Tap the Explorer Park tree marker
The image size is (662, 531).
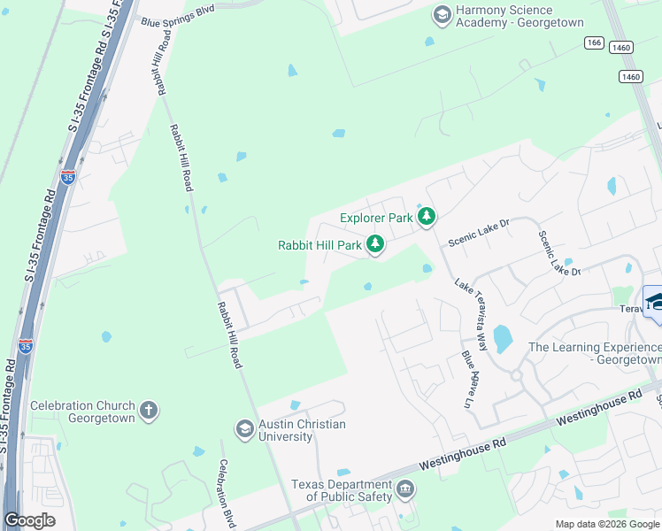point(427,217)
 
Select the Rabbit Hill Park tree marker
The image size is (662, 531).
point(375,244)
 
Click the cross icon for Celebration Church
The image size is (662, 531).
point(149,411)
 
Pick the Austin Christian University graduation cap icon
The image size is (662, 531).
point(244,430)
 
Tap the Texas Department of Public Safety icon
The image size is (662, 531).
point(405,489)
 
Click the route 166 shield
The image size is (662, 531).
point(594,42)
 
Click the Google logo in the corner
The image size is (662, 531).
point(29,520)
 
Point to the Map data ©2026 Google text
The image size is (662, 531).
point(606,524)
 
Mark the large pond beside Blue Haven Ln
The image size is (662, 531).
point(502,339)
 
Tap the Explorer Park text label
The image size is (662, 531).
point(377,218)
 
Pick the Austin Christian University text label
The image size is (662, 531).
point(302,431)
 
